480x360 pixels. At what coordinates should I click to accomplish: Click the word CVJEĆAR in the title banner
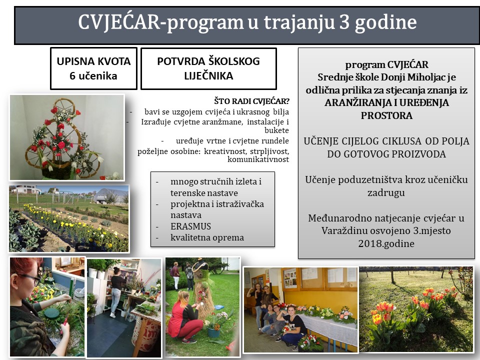[119, 22]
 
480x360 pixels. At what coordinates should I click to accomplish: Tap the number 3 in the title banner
[344, 22]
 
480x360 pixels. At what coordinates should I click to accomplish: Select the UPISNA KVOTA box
[93, 68]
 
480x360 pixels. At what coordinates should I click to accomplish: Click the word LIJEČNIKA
[208, 75]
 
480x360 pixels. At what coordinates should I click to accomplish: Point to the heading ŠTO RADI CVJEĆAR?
[251, 101]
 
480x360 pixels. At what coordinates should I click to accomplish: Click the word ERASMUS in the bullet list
[190, 226]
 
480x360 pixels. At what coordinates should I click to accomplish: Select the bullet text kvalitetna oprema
[207, 237]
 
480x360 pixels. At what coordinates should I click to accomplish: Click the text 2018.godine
[386, 243]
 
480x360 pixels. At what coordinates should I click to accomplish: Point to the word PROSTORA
[386, 115]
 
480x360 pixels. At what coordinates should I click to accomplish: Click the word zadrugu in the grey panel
[386, 192]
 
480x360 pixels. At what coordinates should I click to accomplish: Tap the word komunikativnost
[258, 159]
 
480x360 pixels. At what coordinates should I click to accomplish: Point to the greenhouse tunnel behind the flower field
[109, 195]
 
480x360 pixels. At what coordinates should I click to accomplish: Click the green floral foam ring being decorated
[51, 312]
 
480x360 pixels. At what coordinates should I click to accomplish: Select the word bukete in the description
[276, 130]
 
